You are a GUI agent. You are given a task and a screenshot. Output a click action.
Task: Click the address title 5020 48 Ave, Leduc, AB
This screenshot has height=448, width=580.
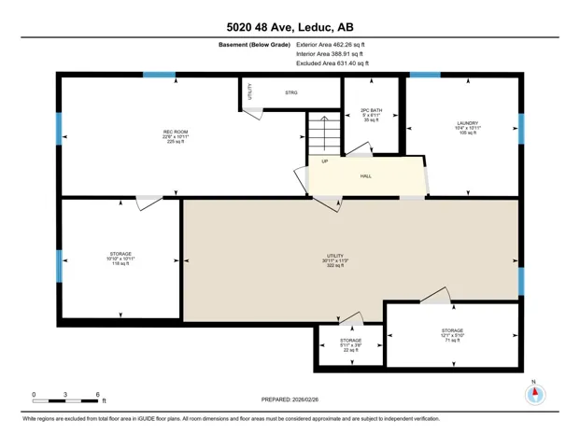[290, 27]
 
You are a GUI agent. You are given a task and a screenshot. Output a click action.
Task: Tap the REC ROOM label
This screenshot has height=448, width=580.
[176, 133]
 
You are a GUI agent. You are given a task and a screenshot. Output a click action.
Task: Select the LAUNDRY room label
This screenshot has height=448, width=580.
[467, 123]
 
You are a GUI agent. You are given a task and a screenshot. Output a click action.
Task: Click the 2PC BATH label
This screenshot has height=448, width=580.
[371, 111]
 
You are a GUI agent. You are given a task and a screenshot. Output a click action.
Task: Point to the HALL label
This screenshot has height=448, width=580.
[367, 175]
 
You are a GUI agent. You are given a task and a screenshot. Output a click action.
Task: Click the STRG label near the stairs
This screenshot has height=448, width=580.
[290, 92]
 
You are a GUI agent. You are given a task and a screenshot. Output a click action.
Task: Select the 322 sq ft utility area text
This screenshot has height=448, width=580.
[335, 266]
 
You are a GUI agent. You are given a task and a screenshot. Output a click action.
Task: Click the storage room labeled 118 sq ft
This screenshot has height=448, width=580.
[120, 259]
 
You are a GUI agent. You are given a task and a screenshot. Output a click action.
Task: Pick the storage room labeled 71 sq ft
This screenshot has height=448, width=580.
[452, 335]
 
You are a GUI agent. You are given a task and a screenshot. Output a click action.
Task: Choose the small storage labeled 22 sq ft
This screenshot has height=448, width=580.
[350, 346]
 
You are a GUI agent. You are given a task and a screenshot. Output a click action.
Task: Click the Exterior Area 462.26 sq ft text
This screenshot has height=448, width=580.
[331, 44]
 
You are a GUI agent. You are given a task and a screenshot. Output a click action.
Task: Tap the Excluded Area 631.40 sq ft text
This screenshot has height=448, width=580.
[332, 63]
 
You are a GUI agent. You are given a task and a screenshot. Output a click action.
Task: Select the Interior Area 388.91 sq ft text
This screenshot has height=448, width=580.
[330, 54]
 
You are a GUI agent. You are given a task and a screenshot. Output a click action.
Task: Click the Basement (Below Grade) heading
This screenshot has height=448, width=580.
[254, 44]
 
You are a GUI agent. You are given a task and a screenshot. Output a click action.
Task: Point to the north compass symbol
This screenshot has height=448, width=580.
[535, 394]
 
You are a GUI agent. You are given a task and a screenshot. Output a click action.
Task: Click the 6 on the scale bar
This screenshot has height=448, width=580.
[97, 394]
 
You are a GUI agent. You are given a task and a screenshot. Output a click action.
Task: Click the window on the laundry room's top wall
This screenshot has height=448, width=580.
[425, 75]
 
